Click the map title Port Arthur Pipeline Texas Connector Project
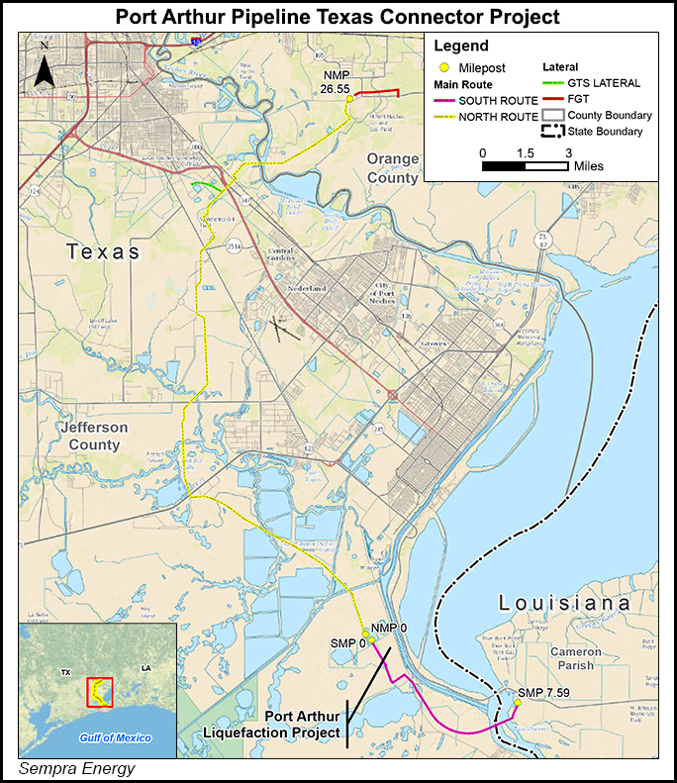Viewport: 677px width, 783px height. coord(338,17)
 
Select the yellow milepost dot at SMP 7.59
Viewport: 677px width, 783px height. coord(517,704)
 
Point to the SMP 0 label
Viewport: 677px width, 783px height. coord(347,642)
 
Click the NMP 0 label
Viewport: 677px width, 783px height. coord(389,629)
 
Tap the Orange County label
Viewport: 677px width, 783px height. coord(393,168)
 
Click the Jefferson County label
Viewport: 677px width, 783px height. coord(93,436)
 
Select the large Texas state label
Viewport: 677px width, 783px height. coord(103,251)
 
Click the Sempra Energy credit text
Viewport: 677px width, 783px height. coord(76,768)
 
